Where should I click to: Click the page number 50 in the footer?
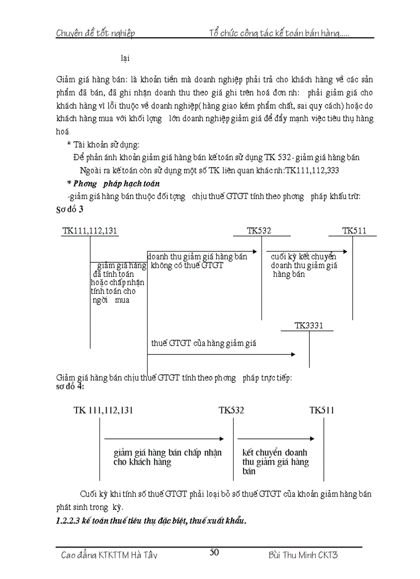coord(215,552)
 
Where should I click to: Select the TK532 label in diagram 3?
coord(258,230)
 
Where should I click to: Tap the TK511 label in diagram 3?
coord(354,230)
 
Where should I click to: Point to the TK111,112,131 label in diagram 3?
coord(90,230)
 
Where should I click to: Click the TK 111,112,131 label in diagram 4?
coord(103,410)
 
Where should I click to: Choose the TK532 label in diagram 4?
coord(231,410)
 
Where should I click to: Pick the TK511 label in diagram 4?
coord(322,410)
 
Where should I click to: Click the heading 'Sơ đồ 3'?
coord(69,210)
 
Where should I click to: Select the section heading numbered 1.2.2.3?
coord(151,520)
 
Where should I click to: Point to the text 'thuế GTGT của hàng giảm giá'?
coord(203,343)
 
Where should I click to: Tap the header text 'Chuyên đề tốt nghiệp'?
coord(95,34)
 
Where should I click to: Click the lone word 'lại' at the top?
coord(125,58)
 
